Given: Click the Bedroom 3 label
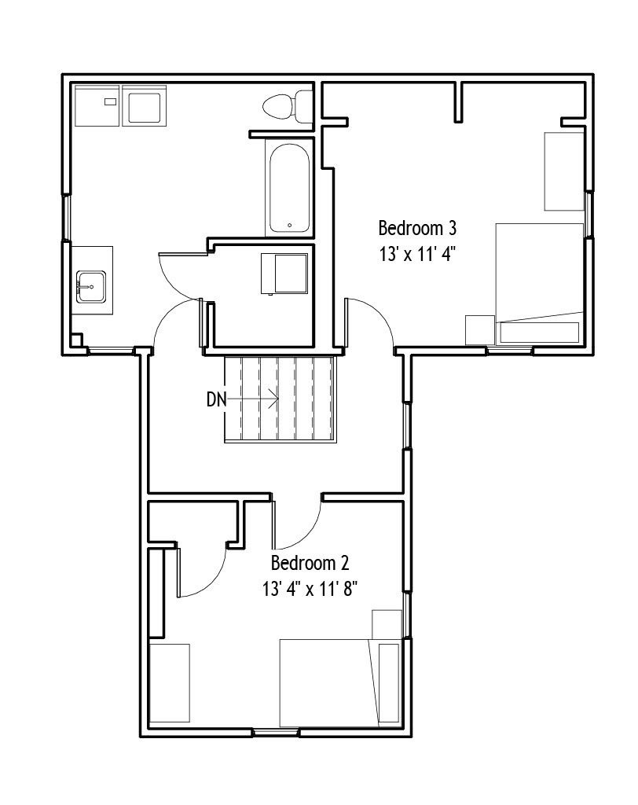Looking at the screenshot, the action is click(x=417, y=228).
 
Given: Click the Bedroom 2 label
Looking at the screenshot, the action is click(x=310, y=563).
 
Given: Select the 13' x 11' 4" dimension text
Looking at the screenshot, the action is click(x=417, y=254).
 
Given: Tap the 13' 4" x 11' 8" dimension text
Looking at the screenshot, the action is click(x=310, y=589).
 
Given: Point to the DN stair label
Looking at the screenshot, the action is click(x=216, y=399).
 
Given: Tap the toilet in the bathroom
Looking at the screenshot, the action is click(x=288, y=107).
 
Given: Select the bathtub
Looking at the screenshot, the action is click(x=289, y=189).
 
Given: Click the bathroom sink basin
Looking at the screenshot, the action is click(x=91, y=287).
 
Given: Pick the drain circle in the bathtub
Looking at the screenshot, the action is click(x=289, y=225).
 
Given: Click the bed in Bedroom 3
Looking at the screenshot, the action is click(x=540, y=283).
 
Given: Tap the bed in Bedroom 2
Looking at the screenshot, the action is click(x=340, y=682).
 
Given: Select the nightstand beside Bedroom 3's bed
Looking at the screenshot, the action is click(x=480, y=329).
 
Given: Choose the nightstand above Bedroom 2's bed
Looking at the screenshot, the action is click(x=387, y=624).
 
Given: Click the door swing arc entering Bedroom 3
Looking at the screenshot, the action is click(x=380, y=312).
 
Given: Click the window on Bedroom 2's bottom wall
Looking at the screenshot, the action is click(x=276, y=732).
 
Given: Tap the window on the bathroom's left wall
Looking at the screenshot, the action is click(x=66, y=218).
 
